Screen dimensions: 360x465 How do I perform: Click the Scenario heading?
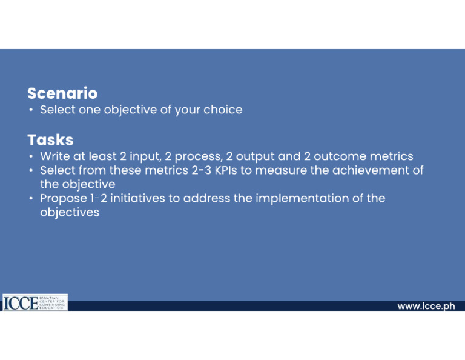62,93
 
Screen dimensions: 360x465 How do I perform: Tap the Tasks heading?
50,140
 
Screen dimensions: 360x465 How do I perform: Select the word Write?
55,156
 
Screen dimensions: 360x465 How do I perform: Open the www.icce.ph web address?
426,306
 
